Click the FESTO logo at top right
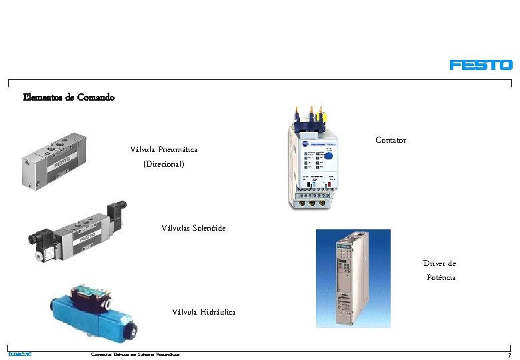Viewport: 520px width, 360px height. [481, 65]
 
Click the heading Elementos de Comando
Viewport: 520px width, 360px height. [69, 97]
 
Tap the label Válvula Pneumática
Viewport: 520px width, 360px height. [163, 149]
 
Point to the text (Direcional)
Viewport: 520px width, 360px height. [163, 163]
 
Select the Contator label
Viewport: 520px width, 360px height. [390, 140]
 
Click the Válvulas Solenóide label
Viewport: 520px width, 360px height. [193, 228]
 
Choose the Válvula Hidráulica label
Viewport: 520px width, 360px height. [203, 312]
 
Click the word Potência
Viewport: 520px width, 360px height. [441, 277]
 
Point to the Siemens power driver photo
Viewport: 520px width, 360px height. [353, 278]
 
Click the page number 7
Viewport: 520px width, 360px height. [509, 355]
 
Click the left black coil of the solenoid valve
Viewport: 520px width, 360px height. [38, 239]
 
